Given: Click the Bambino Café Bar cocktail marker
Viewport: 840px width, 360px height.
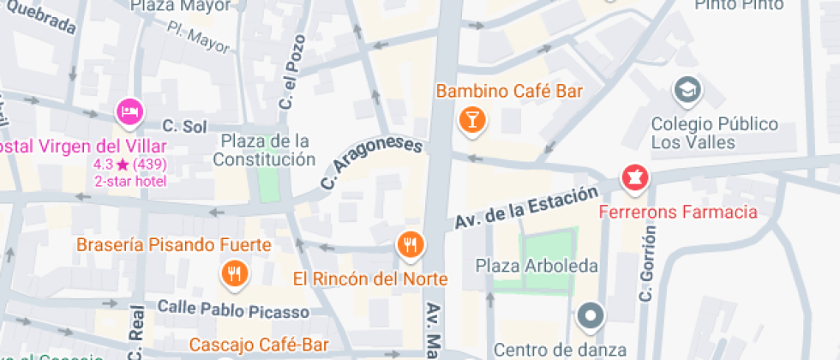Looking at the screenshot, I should [x=471, y=119].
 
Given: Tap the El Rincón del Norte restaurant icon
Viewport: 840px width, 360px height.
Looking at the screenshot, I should [x=411, y=245].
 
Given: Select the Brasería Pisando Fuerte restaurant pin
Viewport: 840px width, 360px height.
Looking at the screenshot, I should [x=233, y=273].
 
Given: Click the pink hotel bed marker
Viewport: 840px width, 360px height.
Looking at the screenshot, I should [x=129, y=111].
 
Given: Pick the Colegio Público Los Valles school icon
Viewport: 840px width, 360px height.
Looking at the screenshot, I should [x=687, y=88].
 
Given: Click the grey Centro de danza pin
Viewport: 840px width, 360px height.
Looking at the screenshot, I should [x=591, y=316].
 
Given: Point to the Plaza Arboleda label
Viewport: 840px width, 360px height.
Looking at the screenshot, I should [x=537, y=266].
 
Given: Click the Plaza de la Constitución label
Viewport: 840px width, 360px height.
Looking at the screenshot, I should [x=264, y=150].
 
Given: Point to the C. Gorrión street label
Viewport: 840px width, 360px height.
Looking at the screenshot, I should [x=647, y=262].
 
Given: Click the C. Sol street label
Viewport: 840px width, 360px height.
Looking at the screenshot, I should [x=184, y=127].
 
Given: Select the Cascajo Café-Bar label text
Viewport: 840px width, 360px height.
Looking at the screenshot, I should [x=259, y=345].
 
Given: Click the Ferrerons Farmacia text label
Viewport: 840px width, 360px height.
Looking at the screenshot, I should [x=678, y=212].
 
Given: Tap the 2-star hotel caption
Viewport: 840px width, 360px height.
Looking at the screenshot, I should [x=130, y=181].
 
